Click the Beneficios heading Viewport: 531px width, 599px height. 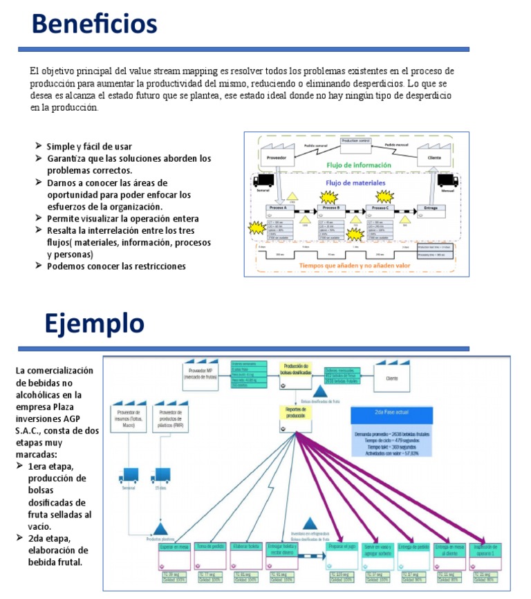[95, 25]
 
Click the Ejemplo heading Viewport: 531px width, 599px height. [94, 323]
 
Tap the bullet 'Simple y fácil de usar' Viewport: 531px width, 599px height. [89, 147]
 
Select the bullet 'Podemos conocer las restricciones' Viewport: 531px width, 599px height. [116, 266]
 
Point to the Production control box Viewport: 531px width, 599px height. [356, 141]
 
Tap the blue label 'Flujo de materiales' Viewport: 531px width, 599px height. [356, 183]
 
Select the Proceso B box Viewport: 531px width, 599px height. [331, 208]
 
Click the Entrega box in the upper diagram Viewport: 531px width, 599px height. [431, 208]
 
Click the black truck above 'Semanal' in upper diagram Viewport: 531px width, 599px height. [263, 181]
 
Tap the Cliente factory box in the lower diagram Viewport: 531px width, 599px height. [392, 377]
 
